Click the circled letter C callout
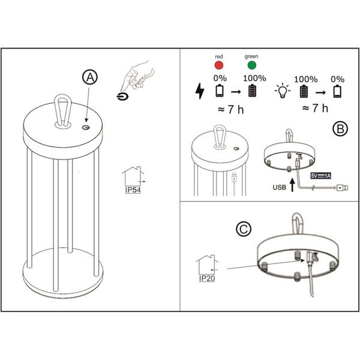pos(243,229)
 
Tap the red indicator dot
pos(220,65)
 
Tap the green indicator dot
pos(251,65)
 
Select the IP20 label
pos(206,280)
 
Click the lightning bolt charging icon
pos(199,91)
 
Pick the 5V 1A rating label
pos(321,175)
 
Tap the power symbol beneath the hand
pos(123,96)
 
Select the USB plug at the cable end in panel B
pos(340,187)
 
